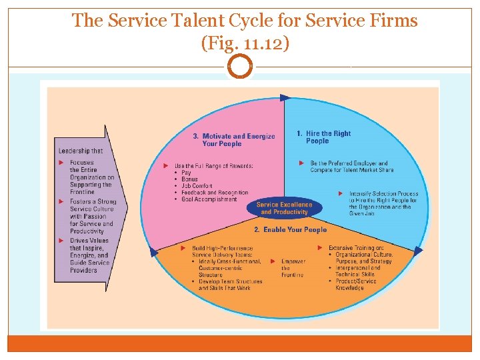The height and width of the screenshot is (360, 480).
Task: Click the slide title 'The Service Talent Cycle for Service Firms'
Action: pyautogui.click(x=245, y=21)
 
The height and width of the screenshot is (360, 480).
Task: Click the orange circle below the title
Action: pyautogui.click(x=240, y=67)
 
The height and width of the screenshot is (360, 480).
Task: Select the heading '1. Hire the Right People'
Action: pyautogui.click(x=323, y=137)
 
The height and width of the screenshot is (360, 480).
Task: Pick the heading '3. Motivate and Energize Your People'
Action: pyautogui.click(x=229, y=140)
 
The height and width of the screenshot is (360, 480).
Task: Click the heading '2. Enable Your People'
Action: pyautogui.click(x=291, y=230)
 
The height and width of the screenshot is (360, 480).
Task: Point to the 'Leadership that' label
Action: pyautogui.click(x=81, y=151)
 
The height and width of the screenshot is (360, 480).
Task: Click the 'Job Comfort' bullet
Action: pyautogui.click(x=197, y=186)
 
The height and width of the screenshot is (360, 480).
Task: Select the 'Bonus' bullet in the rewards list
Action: pyautogui.click(x=189, y=179)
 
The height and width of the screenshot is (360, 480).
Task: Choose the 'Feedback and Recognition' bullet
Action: pyautogui.click(x=215, y=193)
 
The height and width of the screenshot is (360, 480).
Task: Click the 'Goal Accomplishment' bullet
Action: pyautogui.click(x=209, y=199)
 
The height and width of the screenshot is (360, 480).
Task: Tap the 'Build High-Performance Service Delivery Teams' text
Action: pyautogui.click(x=223, y=251)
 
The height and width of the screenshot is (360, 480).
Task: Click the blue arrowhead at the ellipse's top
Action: pyautogui.click(x=285, y=98)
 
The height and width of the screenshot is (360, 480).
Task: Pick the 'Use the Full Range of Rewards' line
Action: pyautogui.click(x=213, y=165)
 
